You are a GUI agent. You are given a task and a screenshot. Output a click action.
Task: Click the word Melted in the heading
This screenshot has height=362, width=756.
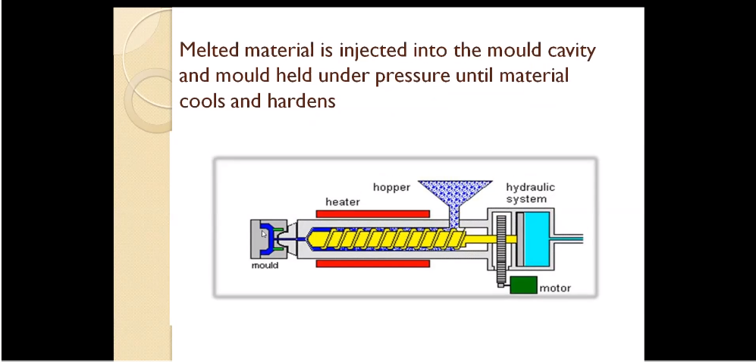(x=210, y=50)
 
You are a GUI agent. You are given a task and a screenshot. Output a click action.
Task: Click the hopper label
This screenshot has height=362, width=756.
(x=391, y=187)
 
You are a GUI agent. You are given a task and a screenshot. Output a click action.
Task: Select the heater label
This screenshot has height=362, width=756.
(x=342, y=202)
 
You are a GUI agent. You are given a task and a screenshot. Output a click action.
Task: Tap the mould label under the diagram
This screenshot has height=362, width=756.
(x=265, y=265)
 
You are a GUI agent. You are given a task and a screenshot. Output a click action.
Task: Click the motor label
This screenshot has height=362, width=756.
(x=555, y=289)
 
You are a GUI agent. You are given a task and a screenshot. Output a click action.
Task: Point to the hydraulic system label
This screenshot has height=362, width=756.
(x=530, y=193)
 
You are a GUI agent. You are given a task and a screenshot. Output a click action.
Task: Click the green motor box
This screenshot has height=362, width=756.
(x=524, y=285)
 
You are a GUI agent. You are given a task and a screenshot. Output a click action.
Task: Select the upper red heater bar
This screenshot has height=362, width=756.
(x=373, y=214)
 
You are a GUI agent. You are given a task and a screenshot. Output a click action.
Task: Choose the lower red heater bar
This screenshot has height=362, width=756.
(x=373, y=264)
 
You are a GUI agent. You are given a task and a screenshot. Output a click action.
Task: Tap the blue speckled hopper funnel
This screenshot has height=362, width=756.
(x=455, y=198)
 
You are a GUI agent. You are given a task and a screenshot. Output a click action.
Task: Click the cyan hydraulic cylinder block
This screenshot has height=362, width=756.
(x=537, y=239)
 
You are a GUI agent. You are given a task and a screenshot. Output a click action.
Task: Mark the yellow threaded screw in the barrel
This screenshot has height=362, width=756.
(x=386, y=239)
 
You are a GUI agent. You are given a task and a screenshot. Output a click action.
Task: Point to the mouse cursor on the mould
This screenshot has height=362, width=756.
(x=264, y=234)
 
